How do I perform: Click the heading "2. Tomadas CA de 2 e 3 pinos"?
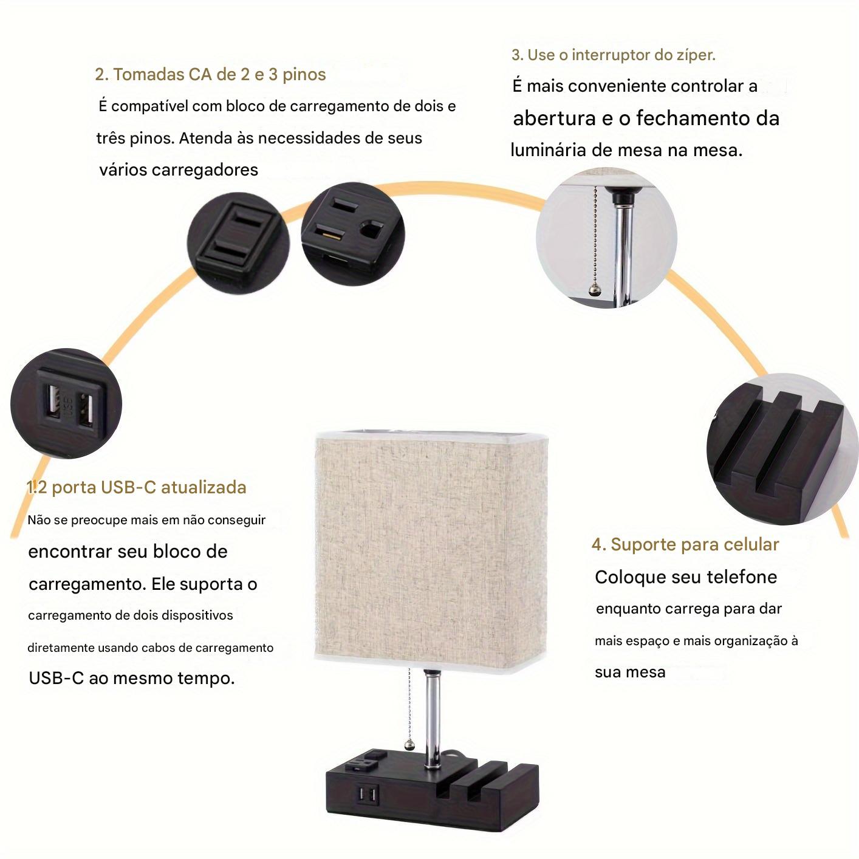pyautogui.click(x=210, y=75)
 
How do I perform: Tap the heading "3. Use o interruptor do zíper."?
pyautogui.click(x=614, y=55)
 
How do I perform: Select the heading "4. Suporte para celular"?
pyautogui.click(x=685, y=544)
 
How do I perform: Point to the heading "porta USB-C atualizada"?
pyautogui.click(x=149, y=487)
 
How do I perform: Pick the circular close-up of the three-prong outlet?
pyautogui.click(x=352, y=234)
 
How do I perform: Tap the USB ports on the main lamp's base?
pyautogui.click(x=368, y=794)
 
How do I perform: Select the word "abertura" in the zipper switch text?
pyautogui.click(x=554, y=118)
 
